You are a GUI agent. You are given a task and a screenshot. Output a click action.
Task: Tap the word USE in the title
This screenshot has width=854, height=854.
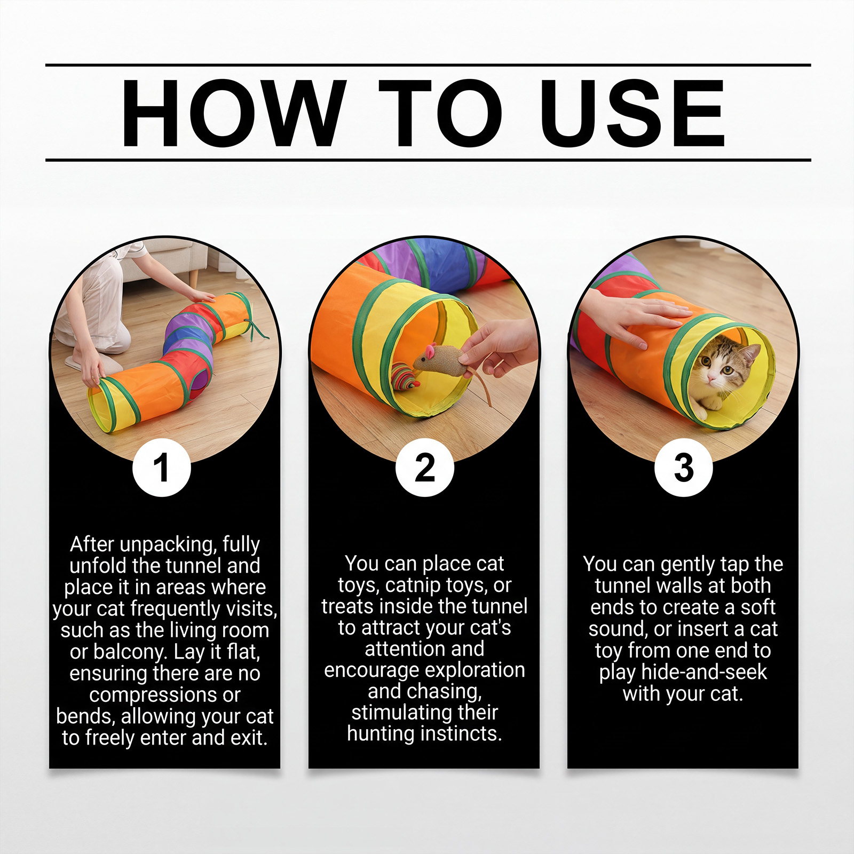click(x=632, y=113)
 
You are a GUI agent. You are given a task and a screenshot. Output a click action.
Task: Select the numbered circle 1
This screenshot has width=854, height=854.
click(x=162, y=468)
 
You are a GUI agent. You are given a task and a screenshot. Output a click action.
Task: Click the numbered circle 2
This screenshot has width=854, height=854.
click(x=425, y=468)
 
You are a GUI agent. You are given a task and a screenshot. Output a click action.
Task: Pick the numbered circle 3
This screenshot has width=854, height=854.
click(x=684, y=468)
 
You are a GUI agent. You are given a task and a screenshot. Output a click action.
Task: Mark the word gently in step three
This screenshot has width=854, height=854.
click(x=687, y=565)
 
